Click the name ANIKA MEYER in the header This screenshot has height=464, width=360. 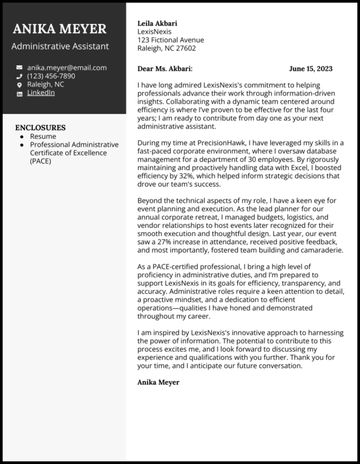60,29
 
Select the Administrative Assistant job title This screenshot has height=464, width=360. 60,46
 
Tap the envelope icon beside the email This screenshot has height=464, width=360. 19,68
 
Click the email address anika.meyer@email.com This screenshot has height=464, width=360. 67,68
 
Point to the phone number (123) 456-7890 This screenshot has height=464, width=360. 51,76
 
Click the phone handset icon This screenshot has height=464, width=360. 19,76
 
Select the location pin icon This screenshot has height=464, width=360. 19,85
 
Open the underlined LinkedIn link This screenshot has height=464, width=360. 41,93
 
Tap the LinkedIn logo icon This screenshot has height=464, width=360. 19,93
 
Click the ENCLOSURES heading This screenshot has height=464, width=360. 40,127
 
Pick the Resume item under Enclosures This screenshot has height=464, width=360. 43,136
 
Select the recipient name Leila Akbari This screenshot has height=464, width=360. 157,23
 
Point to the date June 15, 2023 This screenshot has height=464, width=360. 311,68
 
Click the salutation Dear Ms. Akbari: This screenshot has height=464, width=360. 165,68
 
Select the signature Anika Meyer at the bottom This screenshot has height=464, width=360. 158,382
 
